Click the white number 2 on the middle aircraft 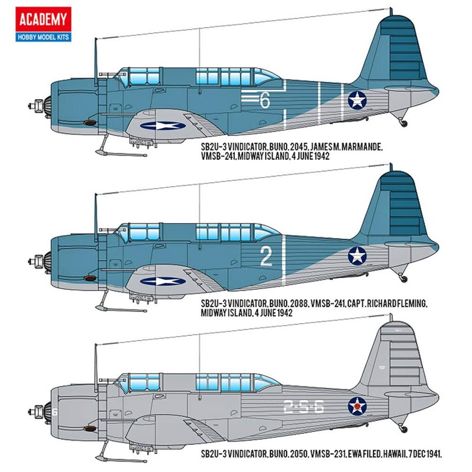[265, 257]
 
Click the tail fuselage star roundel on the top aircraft [358, 101]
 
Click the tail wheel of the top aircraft [403, 123]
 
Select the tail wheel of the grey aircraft [403, 427]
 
